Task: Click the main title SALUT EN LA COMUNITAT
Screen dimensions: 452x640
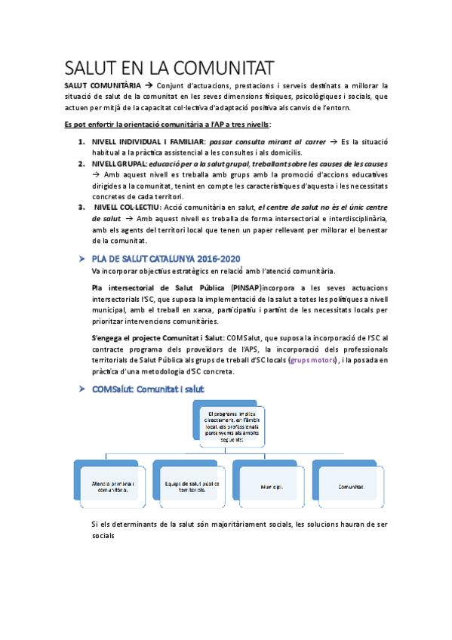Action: (170, 68)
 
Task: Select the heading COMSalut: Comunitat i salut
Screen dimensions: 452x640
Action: (147, 388)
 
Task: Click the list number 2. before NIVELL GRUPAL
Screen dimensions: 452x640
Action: (81, 163)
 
